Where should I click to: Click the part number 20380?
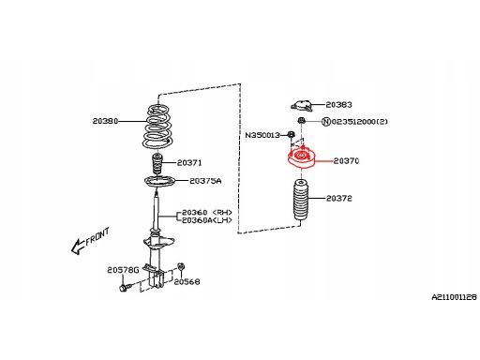point(105,121)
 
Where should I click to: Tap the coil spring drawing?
point(157,127)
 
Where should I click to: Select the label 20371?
point(189,162)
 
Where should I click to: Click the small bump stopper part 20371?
point(157,164)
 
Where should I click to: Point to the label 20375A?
point(205,181)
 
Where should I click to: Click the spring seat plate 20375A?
point(159,182)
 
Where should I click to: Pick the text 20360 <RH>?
point(207,213)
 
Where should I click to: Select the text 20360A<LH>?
point(207,220)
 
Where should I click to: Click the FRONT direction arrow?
point(78,247)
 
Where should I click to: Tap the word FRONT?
point(97,236)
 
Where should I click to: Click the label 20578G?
point(123,270)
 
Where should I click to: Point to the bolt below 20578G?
point(124,288)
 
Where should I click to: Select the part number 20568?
point(187,281)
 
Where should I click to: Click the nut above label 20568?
point(180,266)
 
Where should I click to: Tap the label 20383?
point(339,104)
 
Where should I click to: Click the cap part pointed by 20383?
point(302,106)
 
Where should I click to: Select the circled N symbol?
point(326,121)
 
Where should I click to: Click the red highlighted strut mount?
point(302,158)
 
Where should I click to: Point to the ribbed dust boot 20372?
point(301,200)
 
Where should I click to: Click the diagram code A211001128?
point(455,297)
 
